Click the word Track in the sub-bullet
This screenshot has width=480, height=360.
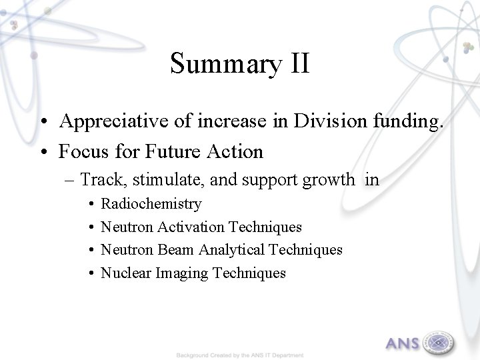pos(100,179)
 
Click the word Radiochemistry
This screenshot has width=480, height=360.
pos(151,204)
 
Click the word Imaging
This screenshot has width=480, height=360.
pos(182,273)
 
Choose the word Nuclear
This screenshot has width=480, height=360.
pos(126,272)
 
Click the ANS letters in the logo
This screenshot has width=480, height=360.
pos(403,344)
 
